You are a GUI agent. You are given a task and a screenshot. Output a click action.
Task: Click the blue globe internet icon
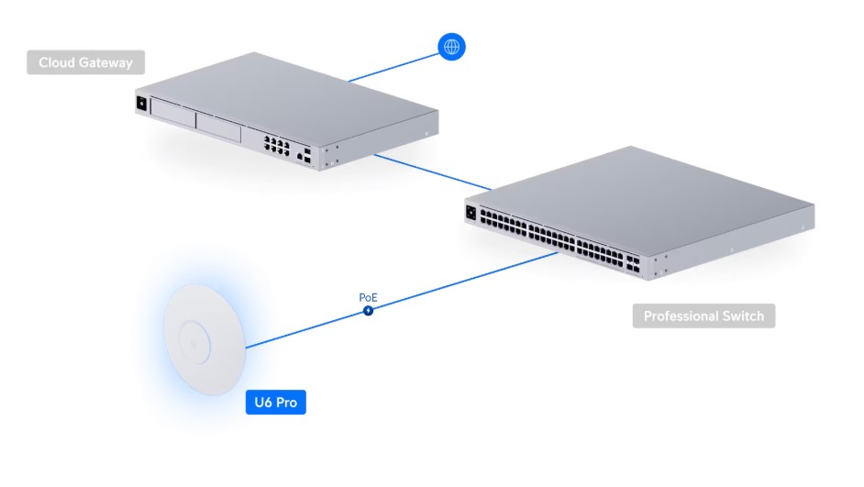pos(451,47)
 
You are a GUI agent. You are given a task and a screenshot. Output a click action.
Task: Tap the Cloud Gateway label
pos(86,62)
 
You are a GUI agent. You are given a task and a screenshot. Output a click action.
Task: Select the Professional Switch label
pos(703,315)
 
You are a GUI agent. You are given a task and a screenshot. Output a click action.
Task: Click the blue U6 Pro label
pos(275,402)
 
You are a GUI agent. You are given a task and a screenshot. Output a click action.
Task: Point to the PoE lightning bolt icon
pos(368,311)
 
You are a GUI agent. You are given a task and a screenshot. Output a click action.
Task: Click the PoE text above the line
pos(368,297)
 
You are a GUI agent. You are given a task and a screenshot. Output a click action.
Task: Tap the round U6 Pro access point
pos(205,340)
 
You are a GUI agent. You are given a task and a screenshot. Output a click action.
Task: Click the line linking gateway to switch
pos(433,172)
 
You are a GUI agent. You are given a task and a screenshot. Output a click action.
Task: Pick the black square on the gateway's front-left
pos(141,103)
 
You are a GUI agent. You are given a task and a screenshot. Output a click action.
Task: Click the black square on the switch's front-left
pos(471,213)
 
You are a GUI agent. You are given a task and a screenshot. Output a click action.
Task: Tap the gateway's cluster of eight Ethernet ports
pos(277,146)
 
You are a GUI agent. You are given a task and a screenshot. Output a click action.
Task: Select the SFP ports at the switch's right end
pos(633,263)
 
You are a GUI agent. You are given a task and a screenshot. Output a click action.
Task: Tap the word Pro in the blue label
pos(286,403)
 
